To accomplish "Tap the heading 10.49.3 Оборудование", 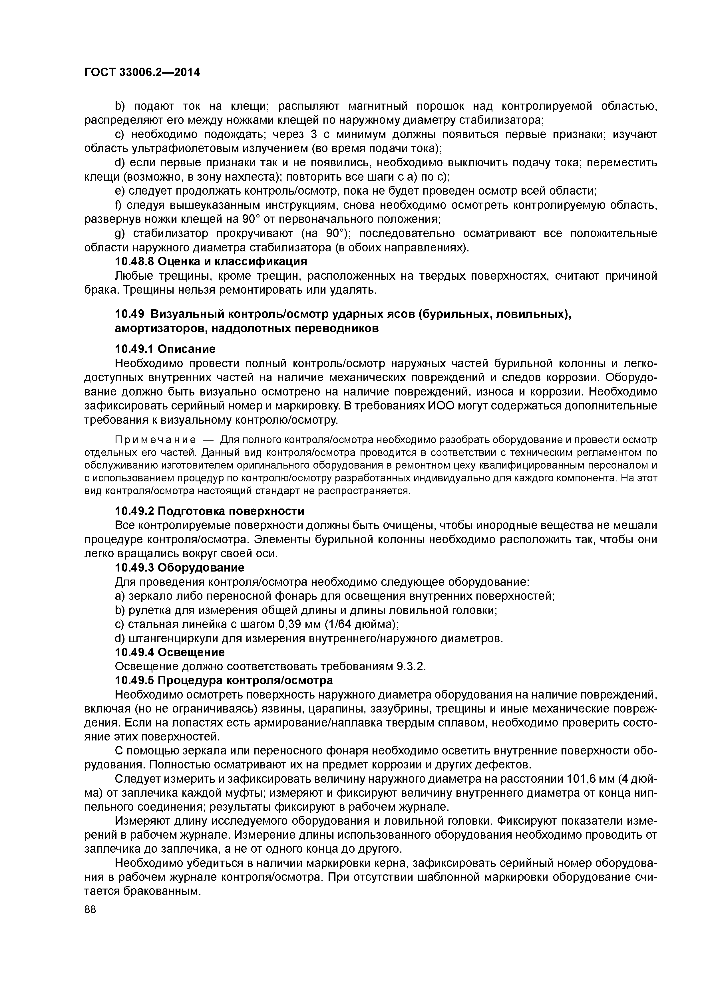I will [179, 567].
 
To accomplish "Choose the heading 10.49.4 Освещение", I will [170, 652].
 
